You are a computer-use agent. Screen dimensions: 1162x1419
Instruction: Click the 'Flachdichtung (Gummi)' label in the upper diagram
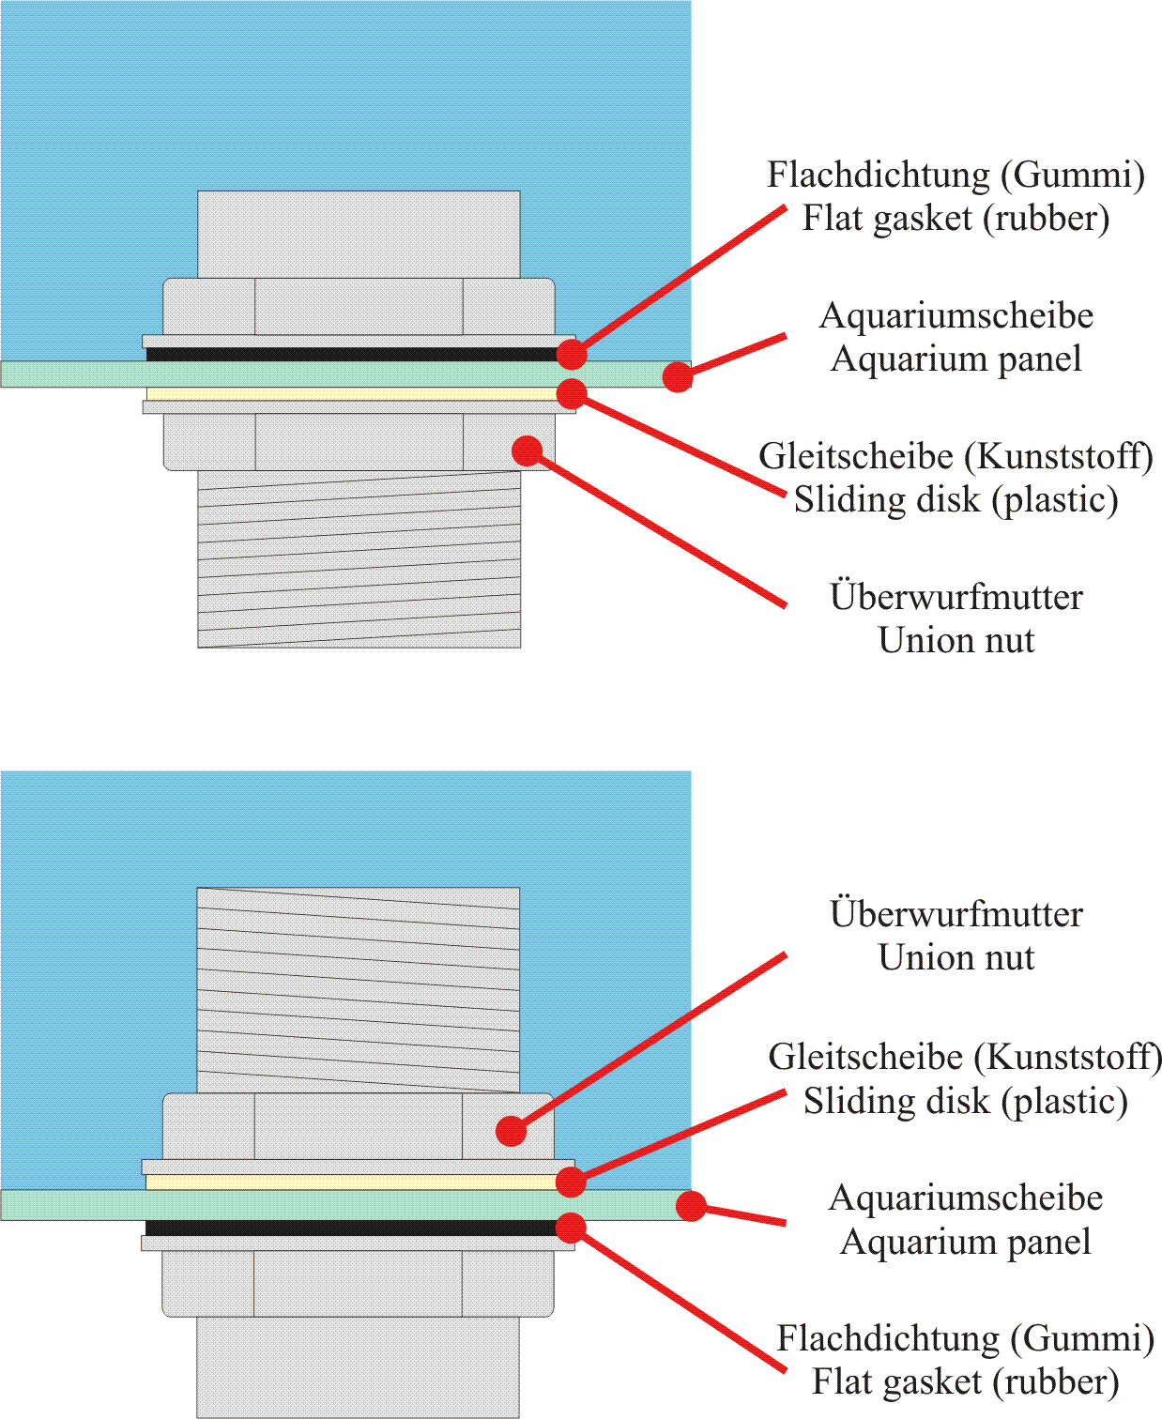956,175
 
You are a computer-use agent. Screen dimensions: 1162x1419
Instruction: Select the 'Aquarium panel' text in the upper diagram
956,359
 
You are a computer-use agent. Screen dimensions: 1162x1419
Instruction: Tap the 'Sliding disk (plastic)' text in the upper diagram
956,500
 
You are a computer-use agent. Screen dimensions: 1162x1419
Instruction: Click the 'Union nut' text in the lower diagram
956,957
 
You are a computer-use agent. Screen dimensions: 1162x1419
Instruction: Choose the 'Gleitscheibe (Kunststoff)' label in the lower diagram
965,1057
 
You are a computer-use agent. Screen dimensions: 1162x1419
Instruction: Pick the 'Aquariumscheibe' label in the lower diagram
966,1198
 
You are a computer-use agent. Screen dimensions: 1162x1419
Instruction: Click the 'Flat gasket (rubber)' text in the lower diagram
966,1382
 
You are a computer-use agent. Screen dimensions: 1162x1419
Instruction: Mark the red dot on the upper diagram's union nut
527,450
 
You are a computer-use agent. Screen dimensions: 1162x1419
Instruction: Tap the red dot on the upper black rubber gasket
572,354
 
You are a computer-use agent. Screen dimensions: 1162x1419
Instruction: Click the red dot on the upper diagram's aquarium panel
678,376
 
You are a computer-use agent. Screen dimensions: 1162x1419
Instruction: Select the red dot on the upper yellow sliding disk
572,394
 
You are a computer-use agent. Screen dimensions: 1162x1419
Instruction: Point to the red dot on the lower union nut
511,1131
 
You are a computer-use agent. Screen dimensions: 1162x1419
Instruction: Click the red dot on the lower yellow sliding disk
571,1182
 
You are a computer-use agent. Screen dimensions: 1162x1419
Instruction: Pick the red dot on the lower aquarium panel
690,1206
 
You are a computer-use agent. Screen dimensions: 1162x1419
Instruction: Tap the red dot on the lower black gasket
571,1228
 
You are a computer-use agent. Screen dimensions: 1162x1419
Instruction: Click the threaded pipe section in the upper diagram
359,559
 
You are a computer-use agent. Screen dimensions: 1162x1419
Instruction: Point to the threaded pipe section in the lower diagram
358,990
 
